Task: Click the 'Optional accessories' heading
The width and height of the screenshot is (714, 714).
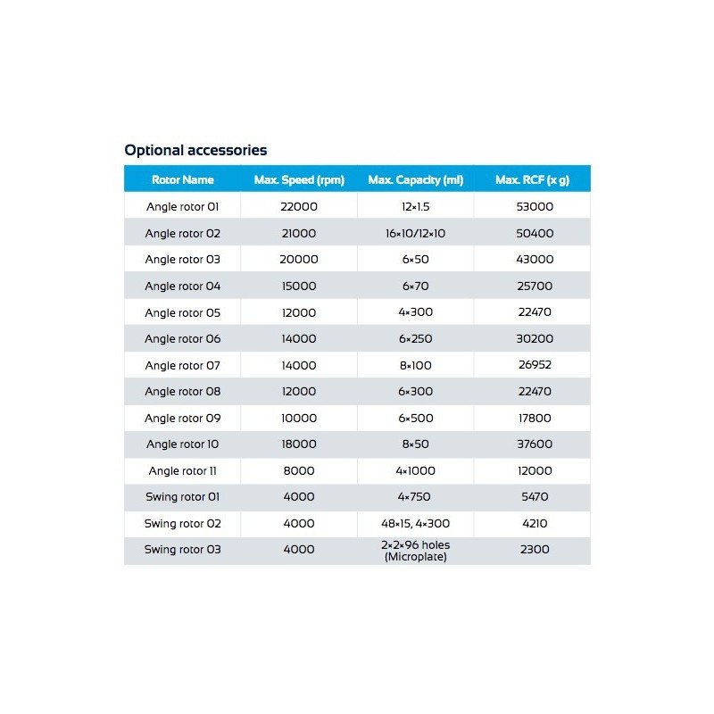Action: click(195, 150)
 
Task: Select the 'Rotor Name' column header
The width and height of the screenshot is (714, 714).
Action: click(182, 179)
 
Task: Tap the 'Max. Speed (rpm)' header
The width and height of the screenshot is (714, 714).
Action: click(298, 179)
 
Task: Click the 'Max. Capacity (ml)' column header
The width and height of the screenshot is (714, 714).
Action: click(415, 179)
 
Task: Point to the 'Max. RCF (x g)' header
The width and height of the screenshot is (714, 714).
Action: click(532, 179)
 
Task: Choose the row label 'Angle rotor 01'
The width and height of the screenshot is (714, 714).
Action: click(182, 207)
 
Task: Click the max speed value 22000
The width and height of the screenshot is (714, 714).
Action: click(298, 207)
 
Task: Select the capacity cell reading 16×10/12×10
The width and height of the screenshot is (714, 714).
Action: click(415, 233)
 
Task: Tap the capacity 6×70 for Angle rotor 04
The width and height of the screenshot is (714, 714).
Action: click(415, 286)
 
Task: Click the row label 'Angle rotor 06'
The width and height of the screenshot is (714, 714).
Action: click(182, 339)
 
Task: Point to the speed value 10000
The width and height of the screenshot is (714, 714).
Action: click(298, 418)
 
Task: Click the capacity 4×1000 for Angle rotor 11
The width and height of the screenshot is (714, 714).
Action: click(415, 470)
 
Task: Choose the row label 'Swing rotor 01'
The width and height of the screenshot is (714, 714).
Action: click(182, 497)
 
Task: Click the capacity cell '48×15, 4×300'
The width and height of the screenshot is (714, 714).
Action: click(415, 523)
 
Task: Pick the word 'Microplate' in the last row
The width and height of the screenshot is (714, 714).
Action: click(415, 555)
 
